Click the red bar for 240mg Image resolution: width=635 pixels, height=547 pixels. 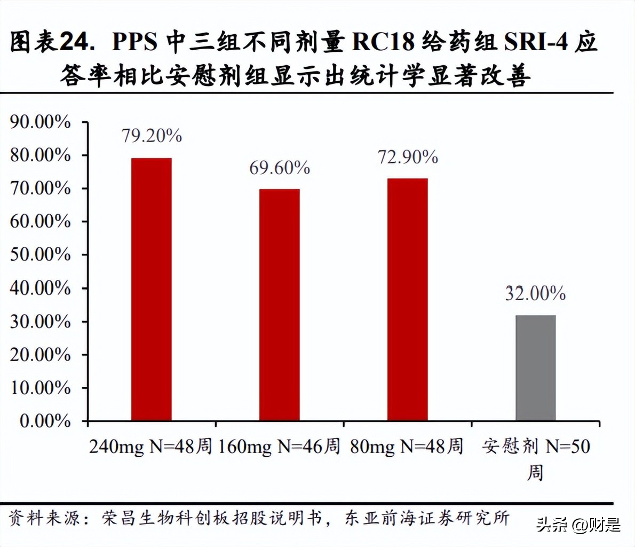(x=152, y=289)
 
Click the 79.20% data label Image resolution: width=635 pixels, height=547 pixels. (x=152, y=136)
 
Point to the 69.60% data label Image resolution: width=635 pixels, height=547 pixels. (x=280, y=168)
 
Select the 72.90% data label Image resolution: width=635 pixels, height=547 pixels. (x=408, y=157)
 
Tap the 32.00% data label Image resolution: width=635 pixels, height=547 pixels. (x=535, y=293)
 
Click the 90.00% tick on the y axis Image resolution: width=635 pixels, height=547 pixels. (x=40, y=122)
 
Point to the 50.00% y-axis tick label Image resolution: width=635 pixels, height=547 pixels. (x=40, y=255)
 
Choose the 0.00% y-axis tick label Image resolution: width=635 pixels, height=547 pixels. (x=45, y=421)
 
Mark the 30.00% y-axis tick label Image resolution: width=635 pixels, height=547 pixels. (x=40, y=322)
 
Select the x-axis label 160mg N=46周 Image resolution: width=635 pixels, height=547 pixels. (x=279, y=446)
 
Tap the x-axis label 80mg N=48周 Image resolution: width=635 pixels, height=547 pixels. (x=407, y=446)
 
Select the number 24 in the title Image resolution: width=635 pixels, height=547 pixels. (x=75, y=42)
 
